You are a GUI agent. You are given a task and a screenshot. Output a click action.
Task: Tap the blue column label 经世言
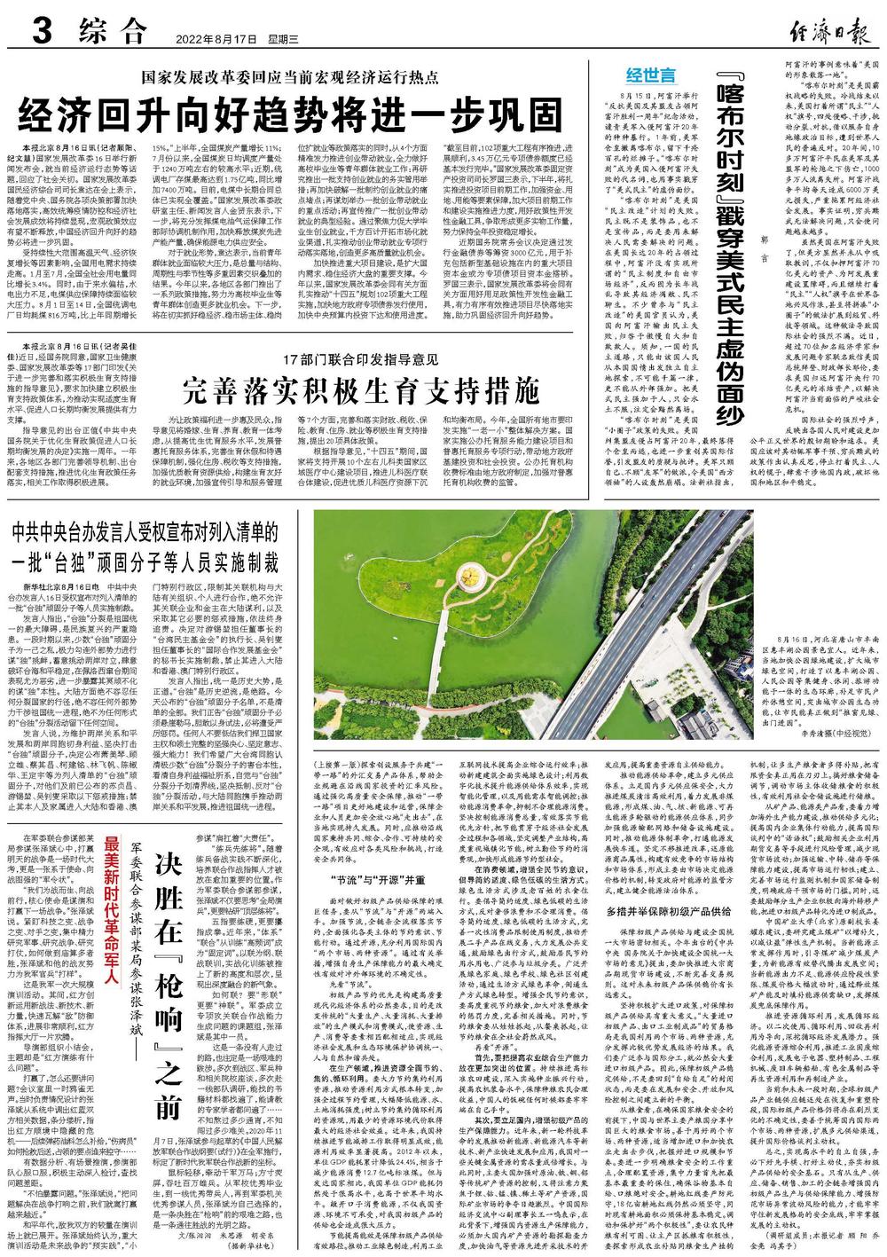(650, 74)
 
